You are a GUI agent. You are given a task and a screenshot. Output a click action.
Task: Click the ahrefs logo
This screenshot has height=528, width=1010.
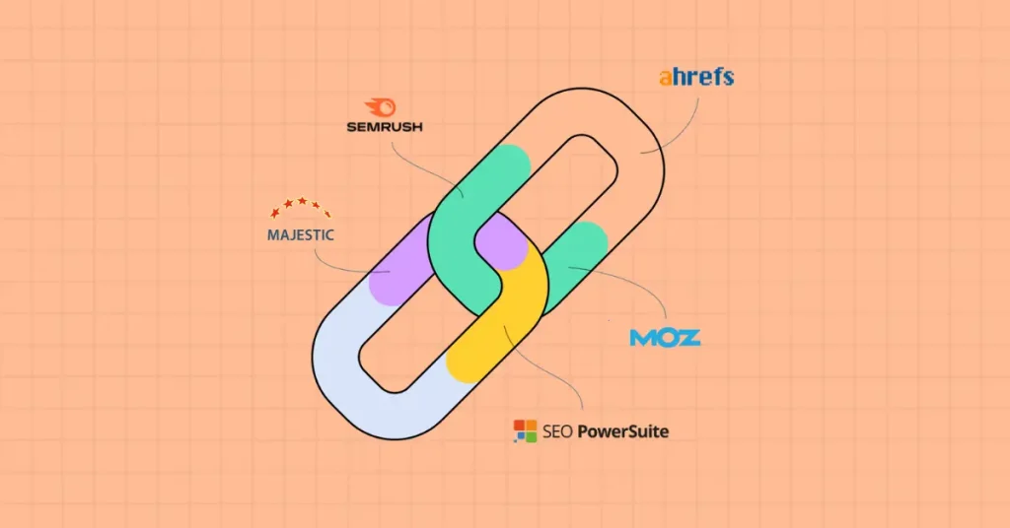tap(696, 77)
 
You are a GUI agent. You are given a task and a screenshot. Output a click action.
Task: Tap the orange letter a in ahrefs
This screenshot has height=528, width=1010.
tap(666, 79)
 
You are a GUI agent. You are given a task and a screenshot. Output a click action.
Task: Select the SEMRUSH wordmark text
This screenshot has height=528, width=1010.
tap(385, 127)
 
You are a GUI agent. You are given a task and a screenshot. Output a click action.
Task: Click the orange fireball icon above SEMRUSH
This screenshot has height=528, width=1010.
tap(381, 107)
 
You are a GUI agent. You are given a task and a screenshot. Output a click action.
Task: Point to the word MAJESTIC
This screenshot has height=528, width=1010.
tap(301, 234)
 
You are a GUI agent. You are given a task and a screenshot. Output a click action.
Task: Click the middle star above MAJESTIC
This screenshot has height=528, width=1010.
tap(302, 201)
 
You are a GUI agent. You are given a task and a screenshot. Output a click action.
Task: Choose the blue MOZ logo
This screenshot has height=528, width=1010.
tap(665, 338)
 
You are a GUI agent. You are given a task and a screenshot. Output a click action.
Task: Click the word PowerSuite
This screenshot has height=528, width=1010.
tap(623, 431)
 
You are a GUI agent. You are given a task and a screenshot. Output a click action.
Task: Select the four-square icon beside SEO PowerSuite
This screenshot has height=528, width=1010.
tap(525, 430)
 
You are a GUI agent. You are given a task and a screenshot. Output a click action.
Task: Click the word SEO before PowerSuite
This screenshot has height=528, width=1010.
tap(557, 431)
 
